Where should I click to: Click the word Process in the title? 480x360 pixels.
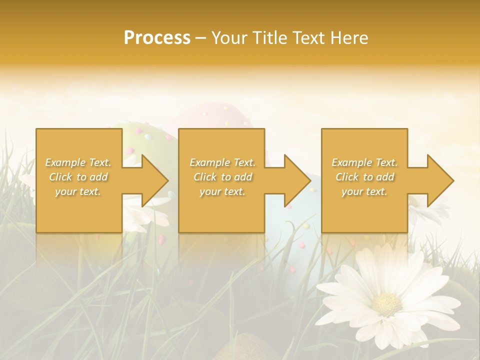(x=157, y=38)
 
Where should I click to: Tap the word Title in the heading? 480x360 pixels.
(x=269, y=38)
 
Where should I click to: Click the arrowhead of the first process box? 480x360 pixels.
(x=154, y=180)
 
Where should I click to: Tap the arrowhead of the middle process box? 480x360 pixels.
(x=297, y=180)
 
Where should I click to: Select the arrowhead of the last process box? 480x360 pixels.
(x=439, y=180)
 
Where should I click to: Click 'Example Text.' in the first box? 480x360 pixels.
(x=78, y=162)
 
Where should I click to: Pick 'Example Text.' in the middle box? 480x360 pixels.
(x=222, y=162)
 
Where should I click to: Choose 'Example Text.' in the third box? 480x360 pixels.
(x=364, y=162)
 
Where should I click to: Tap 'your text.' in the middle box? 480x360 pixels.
(x=222, y=191)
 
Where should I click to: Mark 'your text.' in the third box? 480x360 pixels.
(x=364, y=191)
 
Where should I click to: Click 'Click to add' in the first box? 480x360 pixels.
(x=78, y=177)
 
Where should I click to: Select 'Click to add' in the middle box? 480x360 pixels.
(x=222, y=177)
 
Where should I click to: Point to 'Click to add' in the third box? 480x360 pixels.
(x=364, y=177)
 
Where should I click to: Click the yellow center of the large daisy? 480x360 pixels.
(x=387, y=302)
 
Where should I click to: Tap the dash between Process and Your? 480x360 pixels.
(x=201, y=38)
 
